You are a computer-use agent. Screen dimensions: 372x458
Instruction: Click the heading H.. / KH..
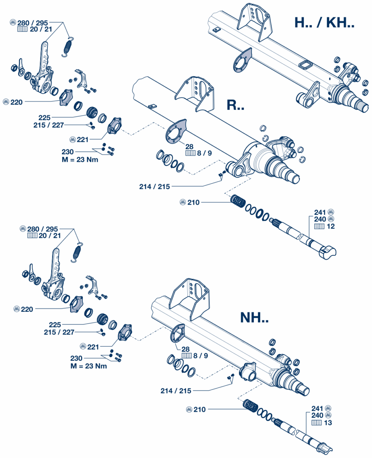(x=324, y=23)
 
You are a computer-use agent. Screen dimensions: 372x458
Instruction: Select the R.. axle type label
(x=235, y=105)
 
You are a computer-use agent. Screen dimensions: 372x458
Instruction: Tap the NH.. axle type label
(x=254, y=318)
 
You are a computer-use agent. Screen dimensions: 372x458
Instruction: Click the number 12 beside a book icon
(x=331, y=226)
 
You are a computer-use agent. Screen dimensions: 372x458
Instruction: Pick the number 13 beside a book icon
(x=328, y=423)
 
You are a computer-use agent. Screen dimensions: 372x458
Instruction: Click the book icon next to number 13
(x=316, y=423)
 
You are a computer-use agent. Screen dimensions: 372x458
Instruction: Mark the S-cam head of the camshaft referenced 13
(x=325, y=448)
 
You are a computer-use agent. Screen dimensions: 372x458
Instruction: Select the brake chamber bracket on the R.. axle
(x=195, y=94)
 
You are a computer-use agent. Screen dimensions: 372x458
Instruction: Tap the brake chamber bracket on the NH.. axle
(x=189, y=299)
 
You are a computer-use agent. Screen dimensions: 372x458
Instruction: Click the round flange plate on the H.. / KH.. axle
(x=242, y=60)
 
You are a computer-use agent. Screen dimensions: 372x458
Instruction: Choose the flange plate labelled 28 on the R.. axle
(x=176, y=131)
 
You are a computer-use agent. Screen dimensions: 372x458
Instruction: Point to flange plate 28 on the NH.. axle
(x=177, y=333)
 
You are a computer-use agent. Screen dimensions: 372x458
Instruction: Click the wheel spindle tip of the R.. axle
(x=295, y=179)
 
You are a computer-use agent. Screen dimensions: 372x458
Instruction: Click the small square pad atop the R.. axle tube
(x=152, y=106)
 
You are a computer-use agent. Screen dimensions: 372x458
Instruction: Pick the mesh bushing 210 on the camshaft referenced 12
(x=238, y=201)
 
